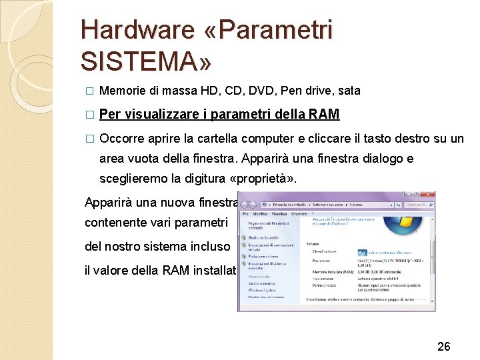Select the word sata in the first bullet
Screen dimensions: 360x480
click(349, 90)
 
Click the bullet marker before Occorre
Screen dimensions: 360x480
click(90, 139)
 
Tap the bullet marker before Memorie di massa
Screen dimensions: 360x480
click(90, 91)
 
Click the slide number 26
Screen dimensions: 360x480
click(444, 346)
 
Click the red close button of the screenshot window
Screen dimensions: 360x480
click(429, 195)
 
